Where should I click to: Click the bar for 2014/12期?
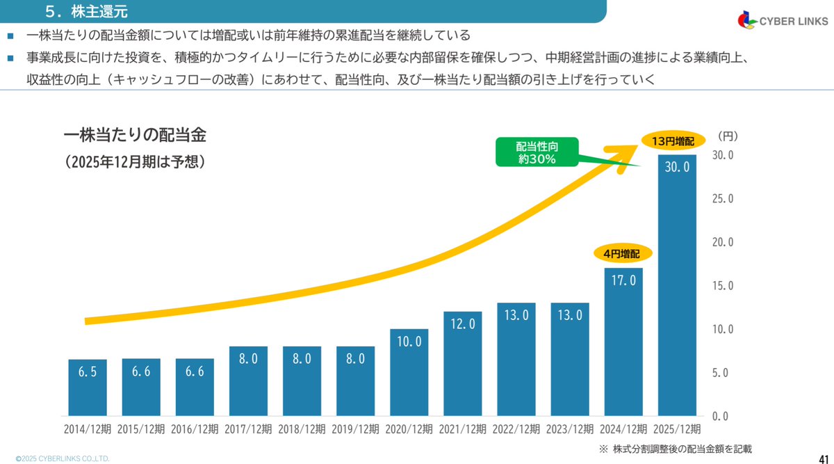click(x=87, y=387)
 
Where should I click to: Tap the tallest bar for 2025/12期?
click(x=677, y=285)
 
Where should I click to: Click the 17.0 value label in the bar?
click(x=623, y=280)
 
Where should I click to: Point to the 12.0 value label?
click(x=462, y=324)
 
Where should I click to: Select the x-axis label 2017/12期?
click(x=248, y=429)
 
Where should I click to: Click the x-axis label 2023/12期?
click(x=570, y=429)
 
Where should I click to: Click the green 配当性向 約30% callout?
click(x=537, y=152)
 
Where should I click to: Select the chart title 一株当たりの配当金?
click(x=134, y=134)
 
